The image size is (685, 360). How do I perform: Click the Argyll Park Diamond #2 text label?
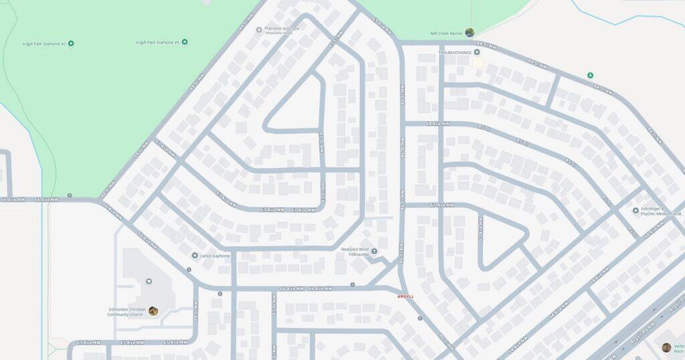coord(43,43)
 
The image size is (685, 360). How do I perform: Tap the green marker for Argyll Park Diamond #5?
coord(185,42)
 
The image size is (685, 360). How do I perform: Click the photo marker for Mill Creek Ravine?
coord(470,32)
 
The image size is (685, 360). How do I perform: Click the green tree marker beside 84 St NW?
coord(590,75)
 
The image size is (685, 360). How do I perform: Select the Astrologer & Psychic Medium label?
coord(662,211)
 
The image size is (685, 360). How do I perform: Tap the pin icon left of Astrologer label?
coord(635,211)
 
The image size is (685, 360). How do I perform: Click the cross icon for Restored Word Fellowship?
coord(375,252)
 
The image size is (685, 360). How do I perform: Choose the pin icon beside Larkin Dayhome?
coord(195,256)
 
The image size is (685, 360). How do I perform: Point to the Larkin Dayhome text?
coord(215,256)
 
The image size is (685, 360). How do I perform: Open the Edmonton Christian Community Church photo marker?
coord(153,310)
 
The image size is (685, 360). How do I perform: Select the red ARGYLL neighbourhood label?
coord(405,296)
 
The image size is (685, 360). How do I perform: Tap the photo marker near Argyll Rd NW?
coord(666,347)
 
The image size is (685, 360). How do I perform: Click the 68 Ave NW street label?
coord(437,124)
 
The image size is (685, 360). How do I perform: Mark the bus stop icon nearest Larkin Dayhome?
coord(189,270)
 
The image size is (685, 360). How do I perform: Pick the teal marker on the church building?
coord(149,282)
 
